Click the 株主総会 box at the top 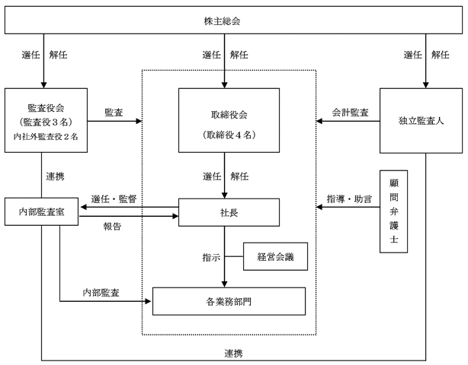(233, 21)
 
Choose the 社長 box (229, 213)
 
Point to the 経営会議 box (274, 256)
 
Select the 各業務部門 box (229, 301)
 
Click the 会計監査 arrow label (350, 113)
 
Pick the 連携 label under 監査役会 (55, 176)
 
